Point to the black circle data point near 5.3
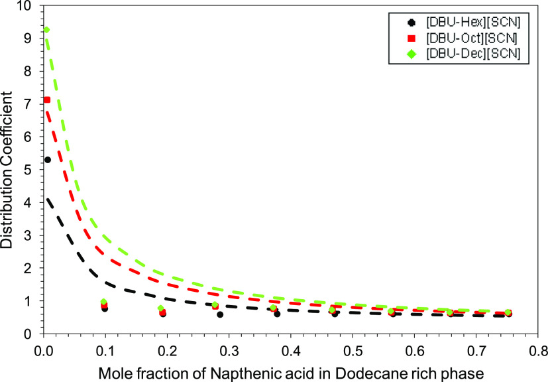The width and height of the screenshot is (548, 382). click(x=48, y=160)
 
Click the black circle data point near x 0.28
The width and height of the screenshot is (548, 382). click(x=220, y=314)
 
